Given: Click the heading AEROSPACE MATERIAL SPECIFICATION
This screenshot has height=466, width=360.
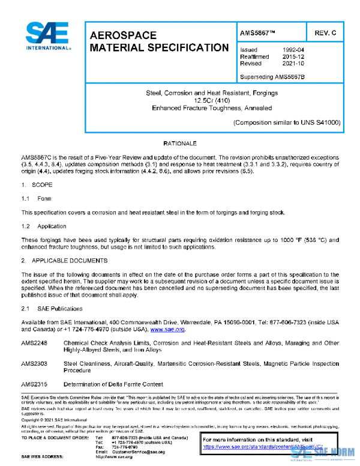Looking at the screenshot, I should click(158, 41).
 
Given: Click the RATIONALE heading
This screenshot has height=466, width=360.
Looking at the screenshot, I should click(180, 145).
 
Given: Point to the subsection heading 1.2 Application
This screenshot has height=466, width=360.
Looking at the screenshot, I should click(44, 226).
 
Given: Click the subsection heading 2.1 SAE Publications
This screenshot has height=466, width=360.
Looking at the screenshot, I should click(52, 308).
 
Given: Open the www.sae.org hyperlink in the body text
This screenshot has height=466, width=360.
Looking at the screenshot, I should click(167, 329).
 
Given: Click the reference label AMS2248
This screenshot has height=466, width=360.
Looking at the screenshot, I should click(34, 342).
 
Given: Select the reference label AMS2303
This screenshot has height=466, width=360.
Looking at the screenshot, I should click(34, 363).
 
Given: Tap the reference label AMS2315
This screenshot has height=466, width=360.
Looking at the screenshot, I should click(34, 384).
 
